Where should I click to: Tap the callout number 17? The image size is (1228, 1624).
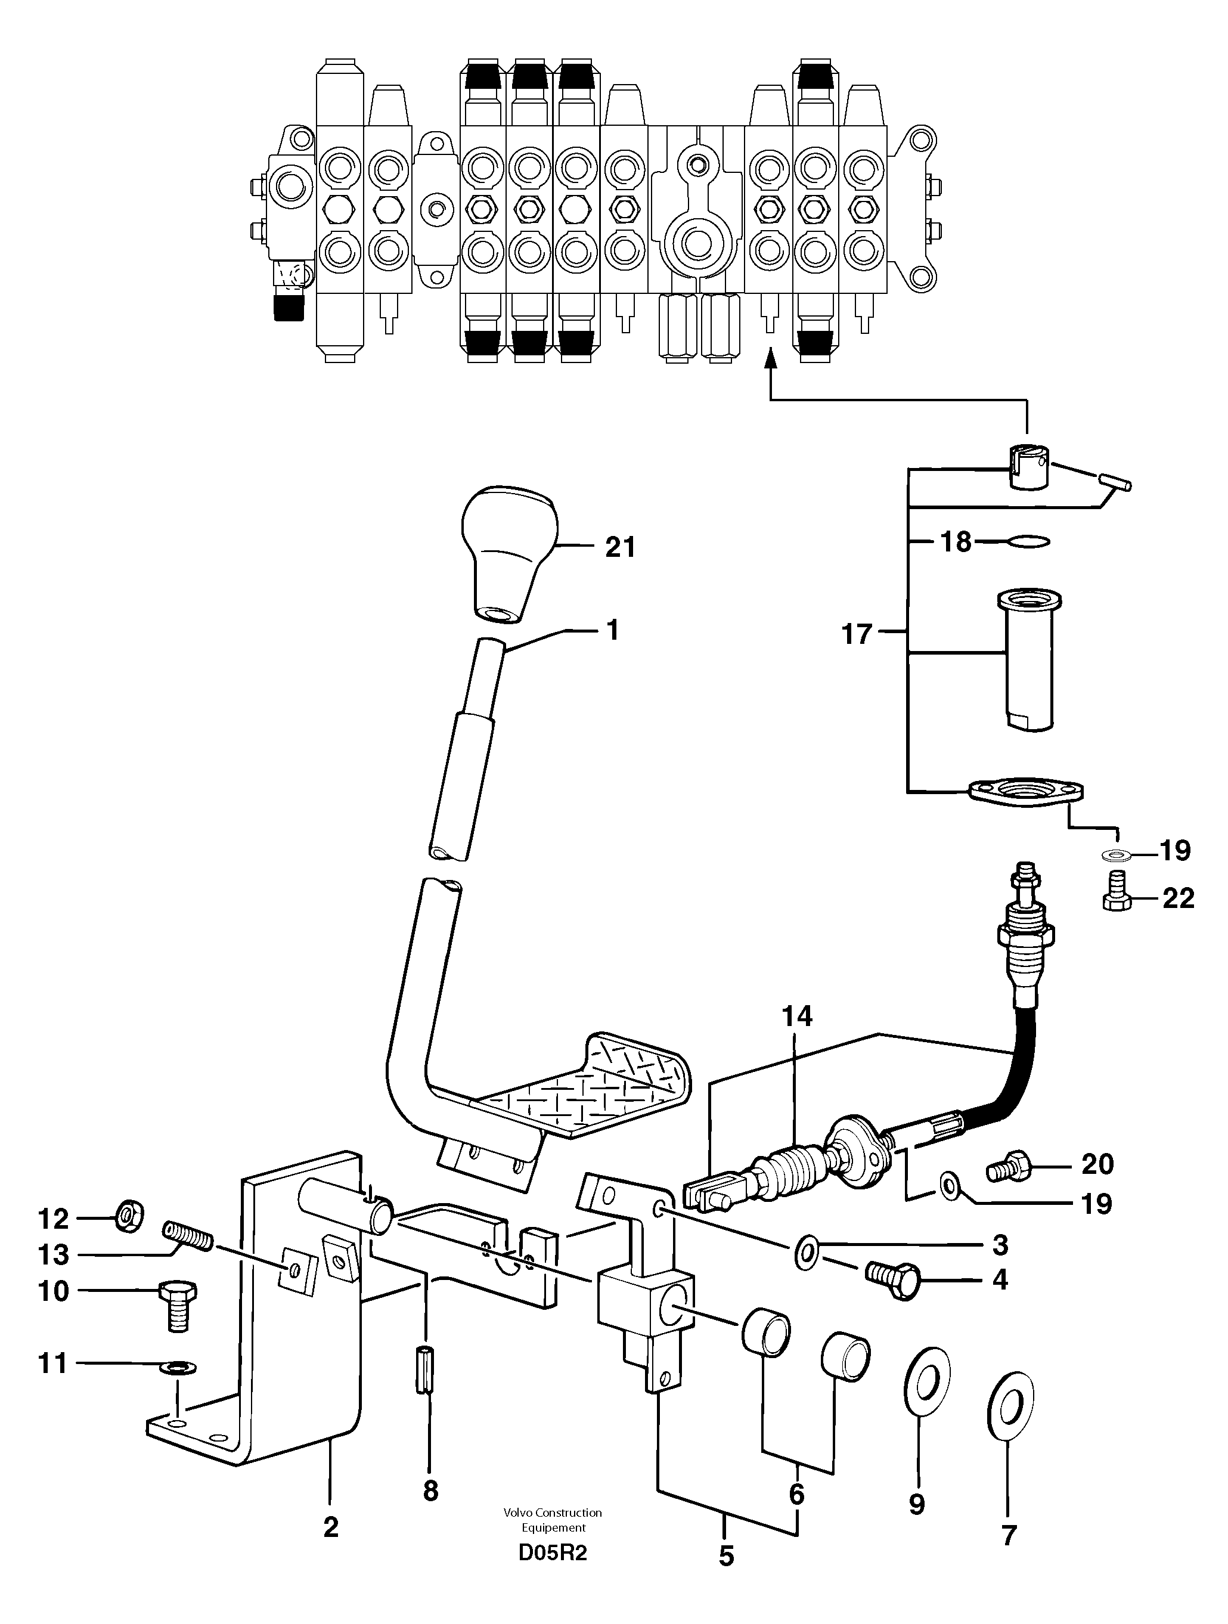pos(856,634)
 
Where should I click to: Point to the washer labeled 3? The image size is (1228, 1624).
pos(806,1250)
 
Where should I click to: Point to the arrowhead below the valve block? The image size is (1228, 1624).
pos(770,358)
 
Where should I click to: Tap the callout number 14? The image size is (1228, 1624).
pos(797,1017)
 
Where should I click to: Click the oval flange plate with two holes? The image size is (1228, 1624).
pos(1025,792)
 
